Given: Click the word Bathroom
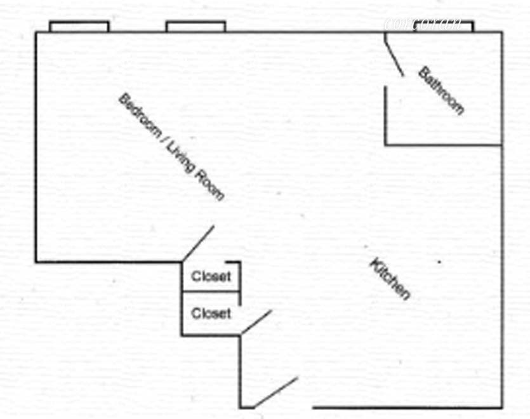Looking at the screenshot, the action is (441, 90).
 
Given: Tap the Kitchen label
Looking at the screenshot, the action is (390, 279).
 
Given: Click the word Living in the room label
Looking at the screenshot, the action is (178, 158).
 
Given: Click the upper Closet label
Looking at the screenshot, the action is (211, 277).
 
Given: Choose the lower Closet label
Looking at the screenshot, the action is (211, 314).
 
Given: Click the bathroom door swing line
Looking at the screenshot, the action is (394, 55).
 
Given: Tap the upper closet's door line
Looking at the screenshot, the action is (198, 243).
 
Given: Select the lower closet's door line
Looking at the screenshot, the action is (256, 322).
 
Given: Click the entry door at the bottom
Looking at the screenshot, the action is (275, 392).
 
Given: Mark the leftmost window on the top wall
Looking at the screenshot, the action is (79, 26).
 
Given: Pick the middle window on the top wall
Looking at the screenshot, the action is (195, 26).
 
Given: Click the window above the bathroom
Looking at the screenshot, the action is (444, 26).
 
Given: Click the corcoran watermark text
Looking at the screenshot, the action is (422, 24).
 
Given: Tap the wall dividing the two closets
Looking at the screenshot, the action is (211, 292).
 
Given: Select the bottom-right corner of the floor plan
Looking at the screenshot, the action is (502, 407).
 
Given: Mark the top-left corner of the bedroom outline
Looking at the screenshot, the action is (36, 32).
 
